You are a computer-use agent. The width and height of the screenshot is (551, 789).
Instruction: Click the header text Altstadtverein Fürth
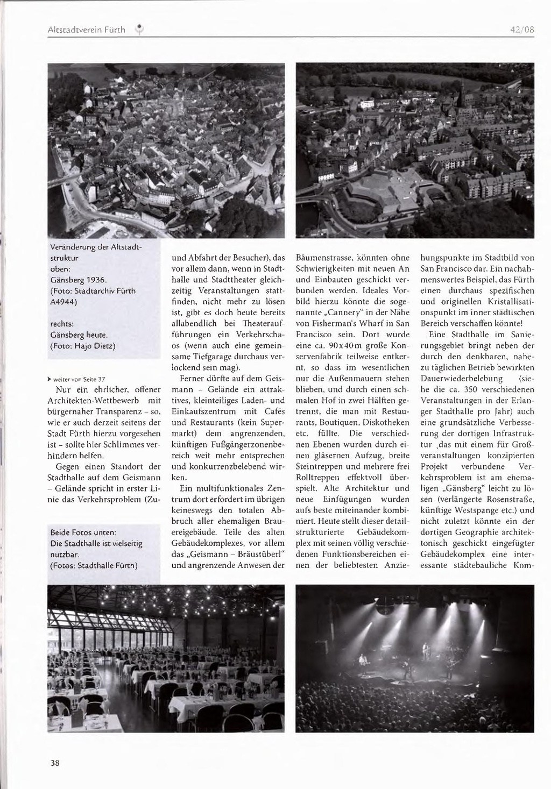[86, 30]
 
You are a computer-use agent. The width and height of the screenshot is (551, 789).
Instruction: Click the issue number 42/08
[522, 30]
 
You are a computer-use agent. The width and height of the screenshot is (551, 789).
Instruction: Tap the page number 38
[55, 763]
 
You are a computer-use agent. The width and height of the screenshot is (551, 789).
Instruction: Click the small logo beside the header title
[138, 30]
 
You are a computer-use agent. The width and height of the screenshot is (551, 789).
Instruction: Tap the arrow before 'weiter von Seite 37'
[50, 379]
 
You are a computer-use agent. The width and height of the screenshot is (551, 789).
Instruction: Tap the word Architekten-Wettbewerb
[95, 400]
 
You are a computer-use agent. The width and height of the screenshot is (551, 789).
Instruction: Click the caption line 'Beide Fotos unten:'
[83, 532]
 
